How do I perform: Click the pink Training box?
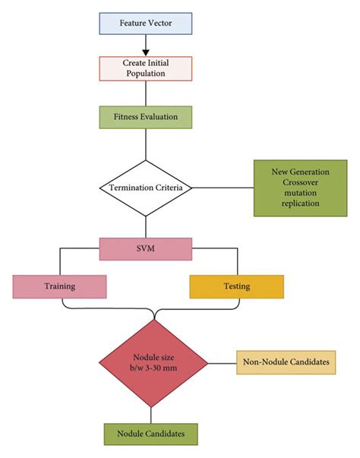[x=58, y=286]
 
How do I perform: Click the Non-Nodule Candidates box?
[x=286, y=362]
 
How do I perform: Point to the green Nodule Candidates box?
[x=150, y=434]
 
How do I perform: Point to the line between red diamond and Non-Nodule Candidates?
[x=222, y=362]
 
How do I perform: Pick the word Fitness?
[x=128, y=116]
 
